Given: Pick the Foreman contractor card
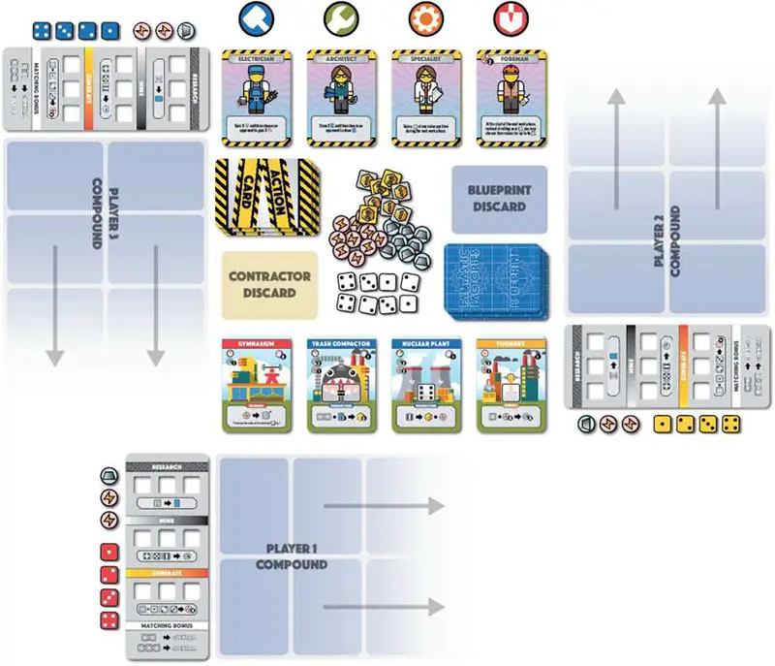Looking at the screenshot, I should pos(511,98).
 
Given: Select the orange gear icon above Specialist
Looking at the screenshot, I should pos(425,17).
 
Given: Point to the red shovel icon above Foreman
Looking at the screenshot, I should pos(510,17).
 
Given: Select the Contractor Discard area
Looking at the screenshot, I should pos(270,284).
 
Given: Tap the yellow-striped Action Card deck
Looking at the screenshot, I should pos(262,197).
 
